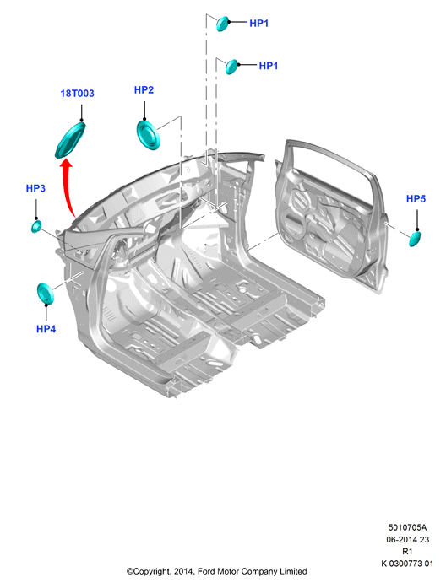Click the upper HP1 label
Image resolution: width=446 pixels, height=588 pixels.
(x=258, y=24)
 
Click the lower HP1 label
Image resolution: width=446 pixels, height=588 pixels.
(x=269, y=66)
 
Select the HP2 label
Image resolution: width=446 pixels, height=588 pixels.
(x=144, y=90)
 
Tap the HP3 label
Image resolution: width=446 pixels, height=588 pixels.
(x=35, y=188)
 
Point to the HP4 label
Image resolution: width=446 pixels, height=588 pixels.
(x=46, y=329)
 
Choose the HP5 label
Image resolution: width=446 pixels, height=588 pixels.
(x=416, y=199)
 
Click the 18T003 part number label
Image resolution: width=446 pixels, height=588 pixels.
(x=78, y=94)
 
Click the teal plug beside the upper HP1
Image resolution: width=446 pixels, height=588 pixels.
(x=222, y=24)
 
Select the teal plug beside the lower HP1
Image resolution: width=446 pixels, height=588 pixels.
(x=231, y=67)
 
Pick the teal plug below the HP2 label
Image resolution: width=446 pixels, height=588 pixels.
(x=148, y=135)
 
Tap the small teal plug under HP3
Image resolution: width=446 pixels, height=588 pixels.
(x=36, y=226)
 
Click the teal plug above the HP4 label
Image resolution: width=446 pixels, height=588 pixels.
(x=46, y=294)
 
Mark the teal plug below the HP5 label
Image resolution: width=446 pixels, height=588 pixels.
(x=415, y=239)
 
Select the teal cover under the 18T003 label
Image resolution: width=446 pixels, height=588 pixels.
(x=70, y=139)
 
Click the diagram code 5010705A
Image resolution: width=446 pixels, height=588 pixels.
(x=407, y=527)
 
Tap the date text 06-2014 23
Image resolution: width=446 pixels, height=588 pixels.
(x=408, y=539)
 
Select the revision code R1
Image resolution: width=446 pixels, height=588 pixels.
(x=407, y=551)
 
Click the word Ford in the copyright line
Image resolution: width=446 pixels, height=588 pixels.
(x=206, y=571)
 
